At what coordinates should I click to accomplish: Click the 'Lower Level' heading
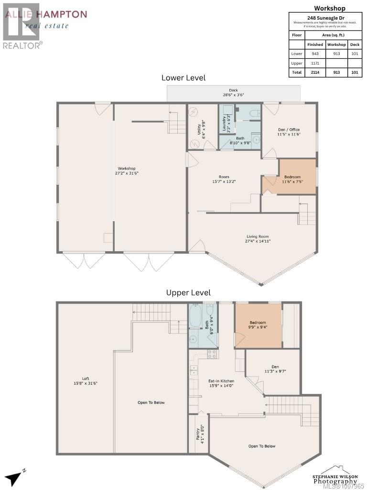(183, 78)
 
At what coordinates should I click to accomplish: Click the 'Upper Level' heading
(188, 292)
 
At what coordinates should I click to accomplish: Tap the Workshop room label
(127, 171)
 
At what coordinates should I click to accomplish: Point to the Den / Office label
(289, 132)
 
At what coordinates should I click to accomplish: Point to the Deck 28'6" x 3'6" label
(233, 92)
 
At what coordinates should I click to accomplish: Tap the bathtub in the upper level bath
(195, 315)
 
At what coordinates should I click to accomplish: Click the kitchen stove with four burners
(212, 355)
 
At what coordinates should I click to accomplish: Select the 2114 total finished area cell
(315, 72)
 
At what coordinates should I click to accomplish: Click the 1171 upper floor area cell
(315, 63)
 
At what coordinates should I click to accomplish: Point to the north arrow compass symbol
(15, 477)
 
